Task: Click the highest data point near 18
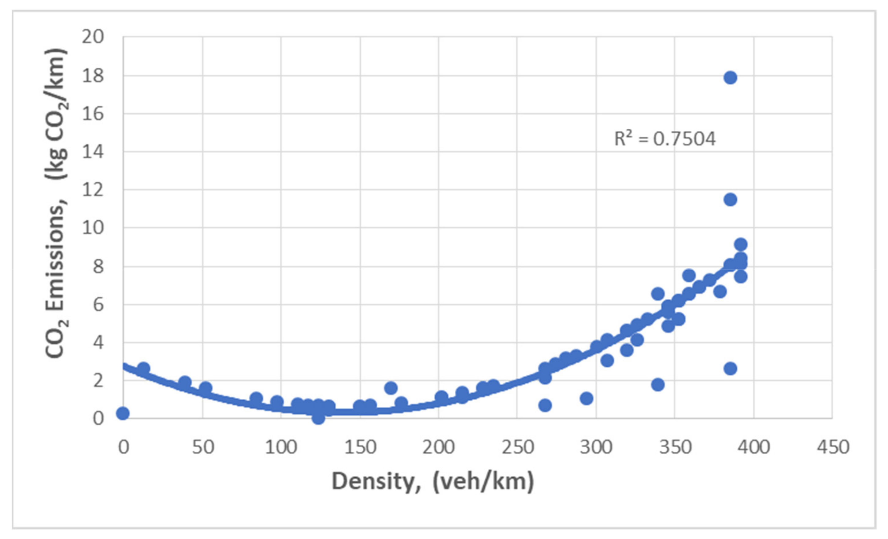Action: pos(730,77)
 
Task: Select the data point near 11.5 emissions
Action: pos(730,200)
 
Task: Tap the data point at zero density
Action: pos(123,413)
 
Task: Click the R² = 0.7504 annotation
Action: pos(664,139)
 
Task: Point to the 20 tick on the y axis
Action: pos(93,37)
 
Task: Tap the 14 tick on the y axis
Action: pos(93,152)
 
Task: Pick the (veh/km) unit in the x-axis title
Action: pos(483,481)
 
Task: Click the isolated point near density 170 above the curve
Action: pos(391,388)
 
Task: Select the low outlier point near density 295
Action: pos(586,398)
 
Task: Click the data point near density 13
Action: pos(143,368)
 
